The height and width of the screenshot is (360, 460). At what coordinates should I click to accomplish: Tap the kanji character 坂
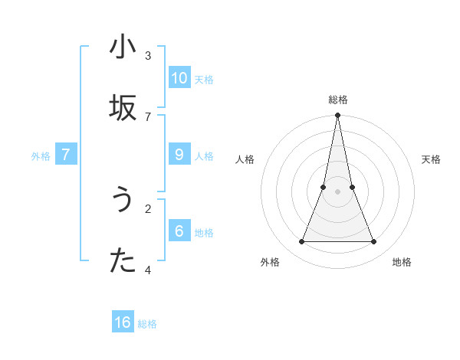click(123, 108)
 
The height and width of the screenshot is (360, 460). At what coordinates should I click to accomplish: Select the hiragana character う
click(123, 201)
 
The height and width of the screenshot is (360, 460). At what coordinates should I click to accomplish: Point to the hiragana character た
click(123, 261)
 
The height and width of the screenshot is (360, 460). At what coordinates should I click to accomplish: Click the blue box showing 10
click(179, 77)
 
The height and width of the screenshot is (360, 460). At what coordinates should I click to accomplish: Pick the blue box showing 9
click(179, 155)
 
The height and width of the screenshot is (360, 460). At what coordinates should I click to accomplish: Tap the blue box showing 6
click(179, 231)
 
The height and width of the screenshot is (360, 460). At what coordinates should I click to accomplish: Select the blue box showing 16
click(123, 322)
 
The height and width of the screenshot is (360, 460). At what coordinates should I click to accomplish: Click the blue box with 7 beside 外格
click(66, 155)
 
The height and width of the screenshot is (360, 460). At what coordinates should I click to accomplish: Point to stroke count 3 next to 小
click(148, 55)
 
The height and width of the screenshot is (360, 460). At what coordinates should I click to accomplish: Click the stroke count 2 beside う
click(148, 208)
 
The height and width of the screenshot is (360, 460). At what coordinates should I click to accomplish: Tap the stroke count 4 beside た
click(148, 270)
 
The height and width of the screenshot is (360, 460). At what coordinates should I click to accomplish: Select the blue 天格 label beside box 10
click(204, 80)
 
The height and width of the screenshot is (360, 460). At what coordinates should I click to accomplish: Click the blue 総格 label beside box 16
click(147, 324)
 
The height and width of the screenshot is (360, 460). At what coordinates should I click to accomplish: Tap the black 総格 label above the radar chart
click(338, 100)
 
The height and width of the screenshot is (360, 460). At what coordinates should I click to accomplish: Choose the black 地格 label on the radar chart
click(402, 262)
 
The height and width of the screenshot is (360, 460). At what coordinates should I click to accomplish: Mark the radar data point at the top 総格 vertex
click(337, 116)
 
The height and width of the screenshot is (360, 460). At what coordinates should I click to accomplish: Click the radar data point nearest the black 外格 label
click(301, 242)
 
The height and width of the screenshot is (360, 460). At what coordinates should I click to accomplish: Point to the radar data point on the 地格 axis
click(374, 242)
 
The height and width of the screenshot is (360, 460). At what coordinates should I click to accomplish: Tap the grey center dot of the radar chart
click(337, 191)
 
